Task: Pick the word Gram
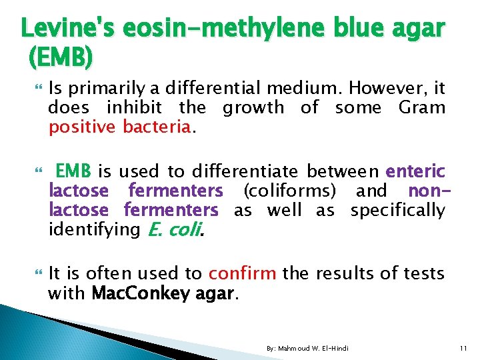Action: click(x=422, y=108)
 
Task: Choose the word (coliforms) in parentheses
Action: click(x=289, y=191)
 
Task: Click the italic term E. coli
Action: click(x=171, y=230)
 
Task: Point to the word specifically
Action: click(x=397, y=211)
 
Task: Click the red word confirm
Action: click(x=243, y=273)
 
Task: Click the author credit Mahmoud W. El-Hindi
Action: click(x=307, y=349)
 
